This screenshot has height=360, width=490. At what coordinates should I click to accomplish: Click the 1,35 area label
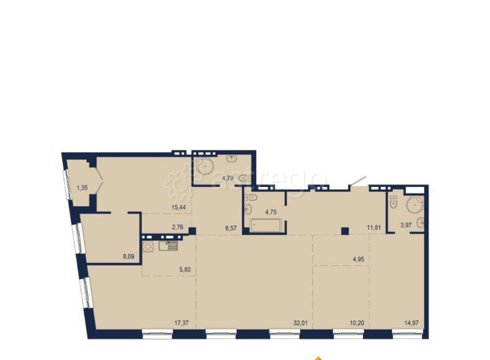click(82, 188)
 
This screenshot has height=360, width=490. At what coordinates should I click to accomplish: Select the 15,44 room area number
click(178, 207)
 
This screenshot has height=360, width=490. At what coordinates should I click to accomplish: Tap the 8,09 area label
click(128, 257)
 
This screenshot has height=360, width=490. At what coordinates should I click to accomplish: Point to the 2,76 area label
click(177, 227)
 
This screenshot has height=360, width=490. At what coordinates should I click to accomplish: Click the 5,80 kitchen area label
click(185, 269)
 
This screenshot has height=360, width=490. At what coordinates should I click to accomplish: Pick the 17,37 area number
click(182, 323)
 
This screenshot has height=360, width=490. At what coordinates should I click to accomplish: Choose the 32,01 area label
click(301, 323)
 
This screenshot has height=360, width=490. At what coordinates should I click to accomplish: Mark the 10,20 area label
click(357, 323)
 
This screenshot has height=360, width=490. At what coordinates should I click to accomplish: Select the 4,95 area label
click(359, 259)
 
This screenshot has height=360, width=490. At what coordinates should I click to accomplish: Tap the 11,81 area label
click(374, 227)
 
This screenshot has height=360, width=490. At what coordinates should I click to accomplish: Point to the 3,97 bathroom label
click(406, 225)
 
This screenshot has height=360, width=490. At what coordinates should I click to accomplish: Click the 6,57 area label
click(231, 228)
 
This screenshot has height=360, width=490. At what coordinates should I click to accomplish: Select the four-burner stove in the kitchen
click(148, 246)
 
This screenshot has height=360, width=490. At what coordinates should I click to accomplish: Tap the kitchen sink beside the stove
click(168, 245)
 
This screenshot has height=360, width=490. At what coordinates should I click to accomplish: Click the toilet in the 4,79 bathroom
click(245, 178)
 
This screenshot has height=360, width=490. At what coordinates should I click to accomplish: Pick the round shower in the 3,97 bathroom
click(415, 205)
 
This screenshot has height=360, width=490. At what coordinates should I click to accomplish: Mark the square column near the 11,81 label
click(344, 231)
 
